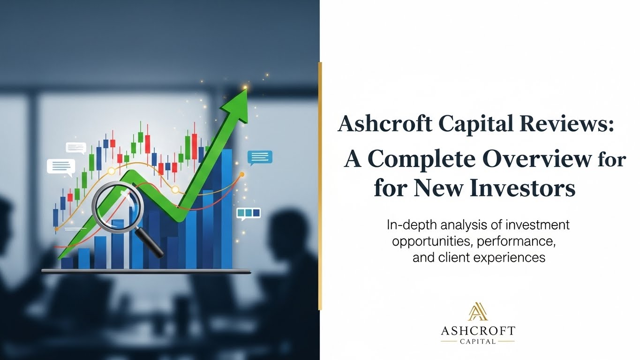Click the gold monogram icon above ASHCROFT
click(x=478, y=312)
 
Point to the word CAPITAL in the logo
click(x=478, y=341)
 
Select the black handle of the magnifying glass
click(x=152, y=244)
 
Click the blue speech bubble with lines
click(x=260, y=157)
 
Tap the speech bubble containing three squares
click(x=248, y=213)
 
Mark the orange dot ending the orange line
click(x=242, y=174)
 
